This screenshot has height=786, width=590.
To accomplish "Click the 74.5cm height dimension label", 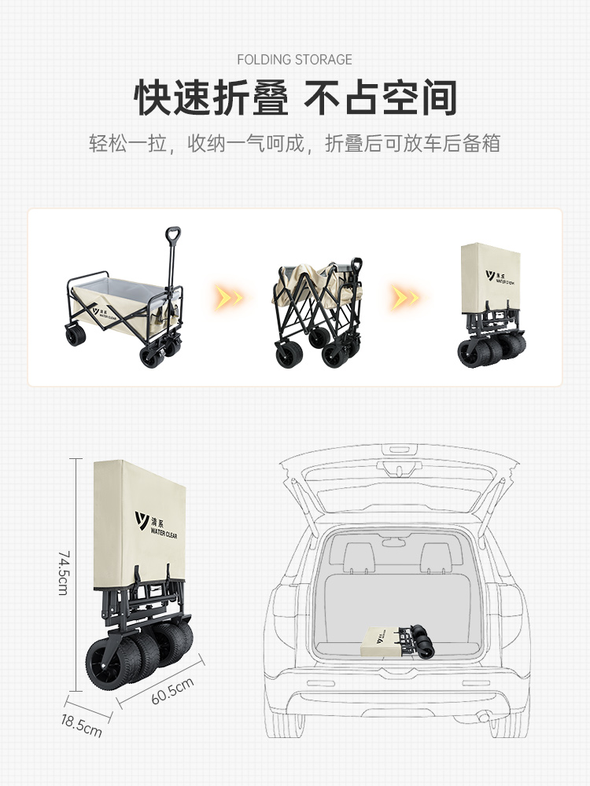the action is coord(64,573).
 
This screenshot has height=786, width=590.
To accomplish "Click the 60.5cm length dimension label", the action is coord(172,691).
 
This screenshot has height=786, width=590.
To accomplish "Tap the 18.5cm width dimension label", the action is coord(81,725).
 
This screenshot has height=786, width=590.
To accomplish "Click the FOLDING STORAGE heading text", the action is coord(294,60).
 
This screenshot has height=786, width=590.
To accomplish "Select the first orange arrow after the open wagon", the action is coord(229,298).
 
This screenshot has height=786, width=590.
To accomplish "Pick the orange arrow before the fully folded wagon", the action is coord(405,298).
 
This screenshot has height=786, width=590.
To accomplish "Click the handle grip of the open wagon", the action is coord(173,234).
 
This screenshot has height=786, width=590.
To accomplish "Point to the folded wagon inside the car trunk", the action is coord(397,641).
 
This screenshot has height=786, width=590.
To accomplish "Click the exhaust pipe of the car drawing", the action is coord(482,718).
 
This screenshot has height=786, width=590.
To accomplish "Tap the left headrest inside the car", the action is coord(360,557).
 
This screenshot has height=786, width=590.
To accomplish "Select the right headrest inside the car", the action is coord(436,557).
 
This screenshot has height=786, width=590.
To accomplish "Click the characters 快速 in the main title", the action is coord(172,97).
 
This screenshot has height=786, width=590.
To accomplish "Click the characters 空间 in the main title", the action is coord(419,97).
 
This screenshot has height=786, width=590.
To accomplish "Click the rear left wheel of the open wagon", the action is coord(76,335).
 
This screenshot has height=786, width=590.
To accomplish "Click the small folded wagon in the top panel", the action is coord(492,305).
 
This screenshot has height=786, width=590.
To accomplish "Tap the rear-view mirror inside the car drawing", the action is coord(394,542).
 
